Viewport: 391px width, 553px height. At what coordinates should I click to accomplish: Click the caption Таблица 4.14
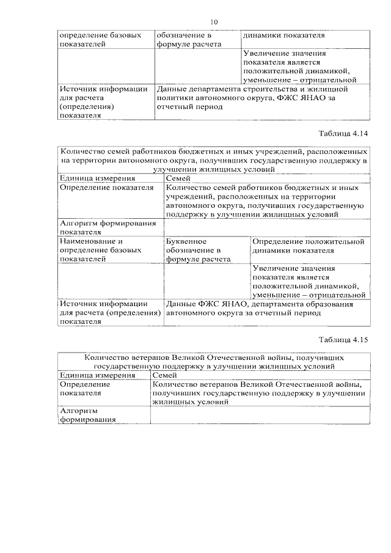tap(344, 133)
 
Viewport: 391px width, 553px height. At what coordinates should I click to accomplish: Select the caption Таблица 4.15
tap(344, 340)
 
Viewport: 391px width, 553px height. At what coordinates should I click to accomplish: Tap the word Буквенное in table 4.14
tap(186, 241)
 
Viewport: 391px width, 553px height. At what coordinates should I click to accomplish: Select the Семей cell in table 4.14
tap(178, 178)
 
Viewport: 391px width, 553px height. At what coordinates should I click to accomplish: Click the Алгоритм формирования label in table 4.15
tap(87, 416)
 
